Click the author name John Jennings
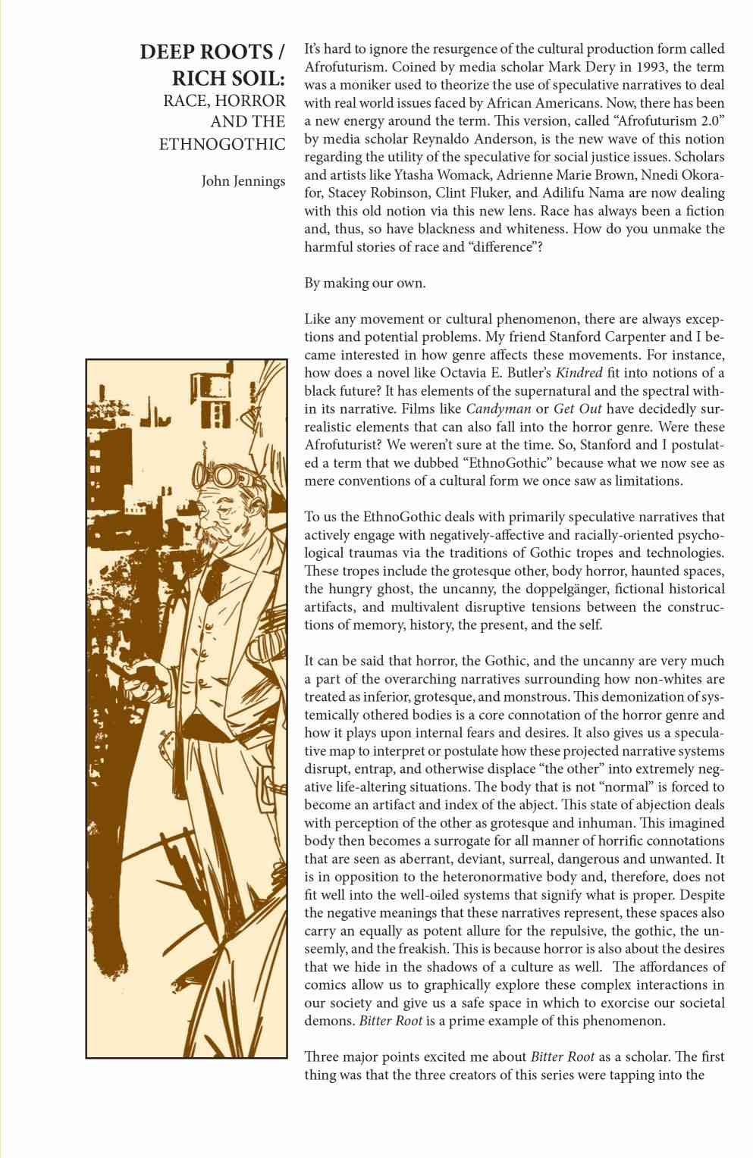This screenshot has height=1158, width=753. (x=243, y=181)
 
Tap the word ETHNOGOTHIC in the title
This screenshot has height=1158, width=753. (x=222, y=144)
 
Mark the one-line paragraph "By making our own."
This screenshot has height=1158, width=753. (x=365, y=283)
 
